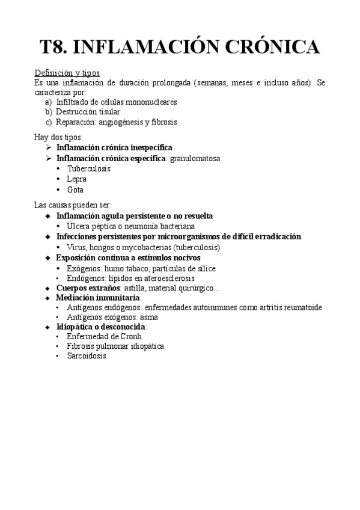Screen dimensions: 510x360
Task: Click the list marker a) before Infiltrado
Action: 49,102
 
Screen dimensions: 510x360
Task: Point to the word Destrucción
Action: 76,112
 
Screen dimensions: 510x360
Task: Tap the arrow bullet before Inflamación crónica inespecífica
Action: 49,147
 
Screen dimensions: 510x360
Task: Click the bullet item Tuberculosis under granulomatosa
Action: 88,168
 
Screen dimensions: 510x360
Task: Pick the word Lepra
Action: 77,179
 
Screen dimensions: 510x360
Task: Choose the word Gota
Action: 75,189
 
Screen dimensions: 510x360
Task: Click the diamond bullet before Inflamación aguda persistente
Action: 49,216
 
